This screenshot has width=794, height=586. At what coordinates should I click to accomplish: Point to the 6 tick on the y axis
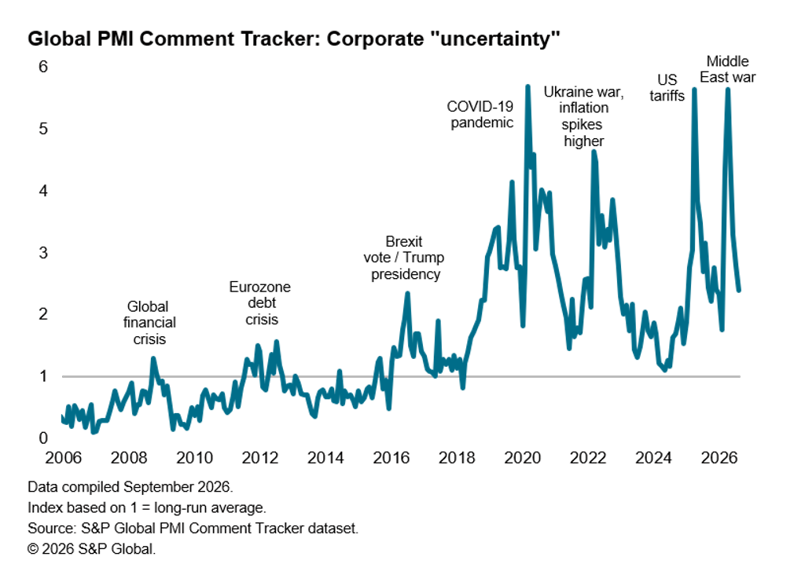43,66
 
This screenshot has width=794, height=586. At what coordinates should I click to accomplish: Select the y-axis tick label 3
43,252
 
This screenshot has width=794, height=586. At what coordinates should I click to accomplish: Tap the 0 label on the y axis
43,438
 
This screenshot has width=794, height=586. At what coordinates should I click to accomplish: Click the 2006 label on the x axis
64,458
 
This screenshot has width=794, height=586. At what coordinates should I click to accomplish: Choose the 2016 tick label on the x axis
391,458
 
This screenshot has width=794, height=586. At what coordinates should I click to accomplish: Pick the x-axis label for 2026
719,458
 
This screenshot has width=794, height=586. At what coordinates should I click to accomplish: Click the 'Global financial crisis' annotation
149,323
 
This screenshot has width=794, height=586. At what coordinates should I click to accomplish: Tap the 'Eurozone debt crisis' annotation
260,303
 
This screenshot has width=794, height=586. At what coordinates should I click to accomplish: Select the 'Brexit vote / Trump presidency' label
404,258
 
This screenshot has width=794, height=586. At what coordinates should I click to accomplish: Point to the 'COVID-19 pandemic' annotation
480,115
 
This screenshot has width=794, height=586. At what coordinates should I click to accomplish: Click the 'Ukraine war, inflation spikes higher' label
584,116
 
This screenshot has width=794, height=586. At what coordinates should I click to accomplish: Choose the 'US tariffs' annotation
667,87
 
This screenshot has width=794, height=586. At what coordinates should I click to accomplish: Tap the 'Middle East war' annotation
728,69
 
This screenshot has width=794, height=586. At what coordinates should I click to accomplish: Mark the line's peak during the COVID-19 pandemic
527,86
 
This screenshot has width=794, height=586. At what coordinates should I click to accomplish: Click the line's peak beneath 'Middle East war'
728,90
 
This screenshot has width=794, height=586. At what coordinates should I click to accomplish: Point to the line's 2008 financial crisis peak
153,359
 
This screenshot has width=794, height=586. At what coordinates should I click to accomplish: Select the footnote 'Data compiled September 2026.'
130,487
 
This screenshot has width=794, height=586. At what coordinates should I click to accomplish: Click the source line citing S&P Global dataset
193,529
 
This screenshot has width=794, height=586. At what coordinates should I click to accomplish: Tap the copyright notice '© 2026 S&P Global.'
92,549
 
